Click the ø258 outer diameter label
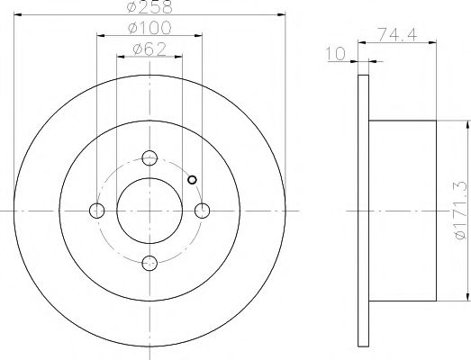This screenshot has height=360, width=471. coord(149,9)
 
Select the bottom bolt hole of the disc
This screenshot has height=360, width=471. coord(150,263)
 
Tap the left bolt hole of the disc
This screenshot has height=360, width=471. coord(97,211)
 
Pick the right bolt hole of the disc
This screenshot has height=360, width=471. coord(203,211)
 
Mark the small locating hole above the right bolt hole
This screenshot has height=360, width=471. coord(191,178)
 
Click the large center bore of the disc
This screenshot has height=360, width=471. coord(150,211)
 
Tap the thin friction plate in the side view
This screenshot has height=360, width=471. coord(364,211)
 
